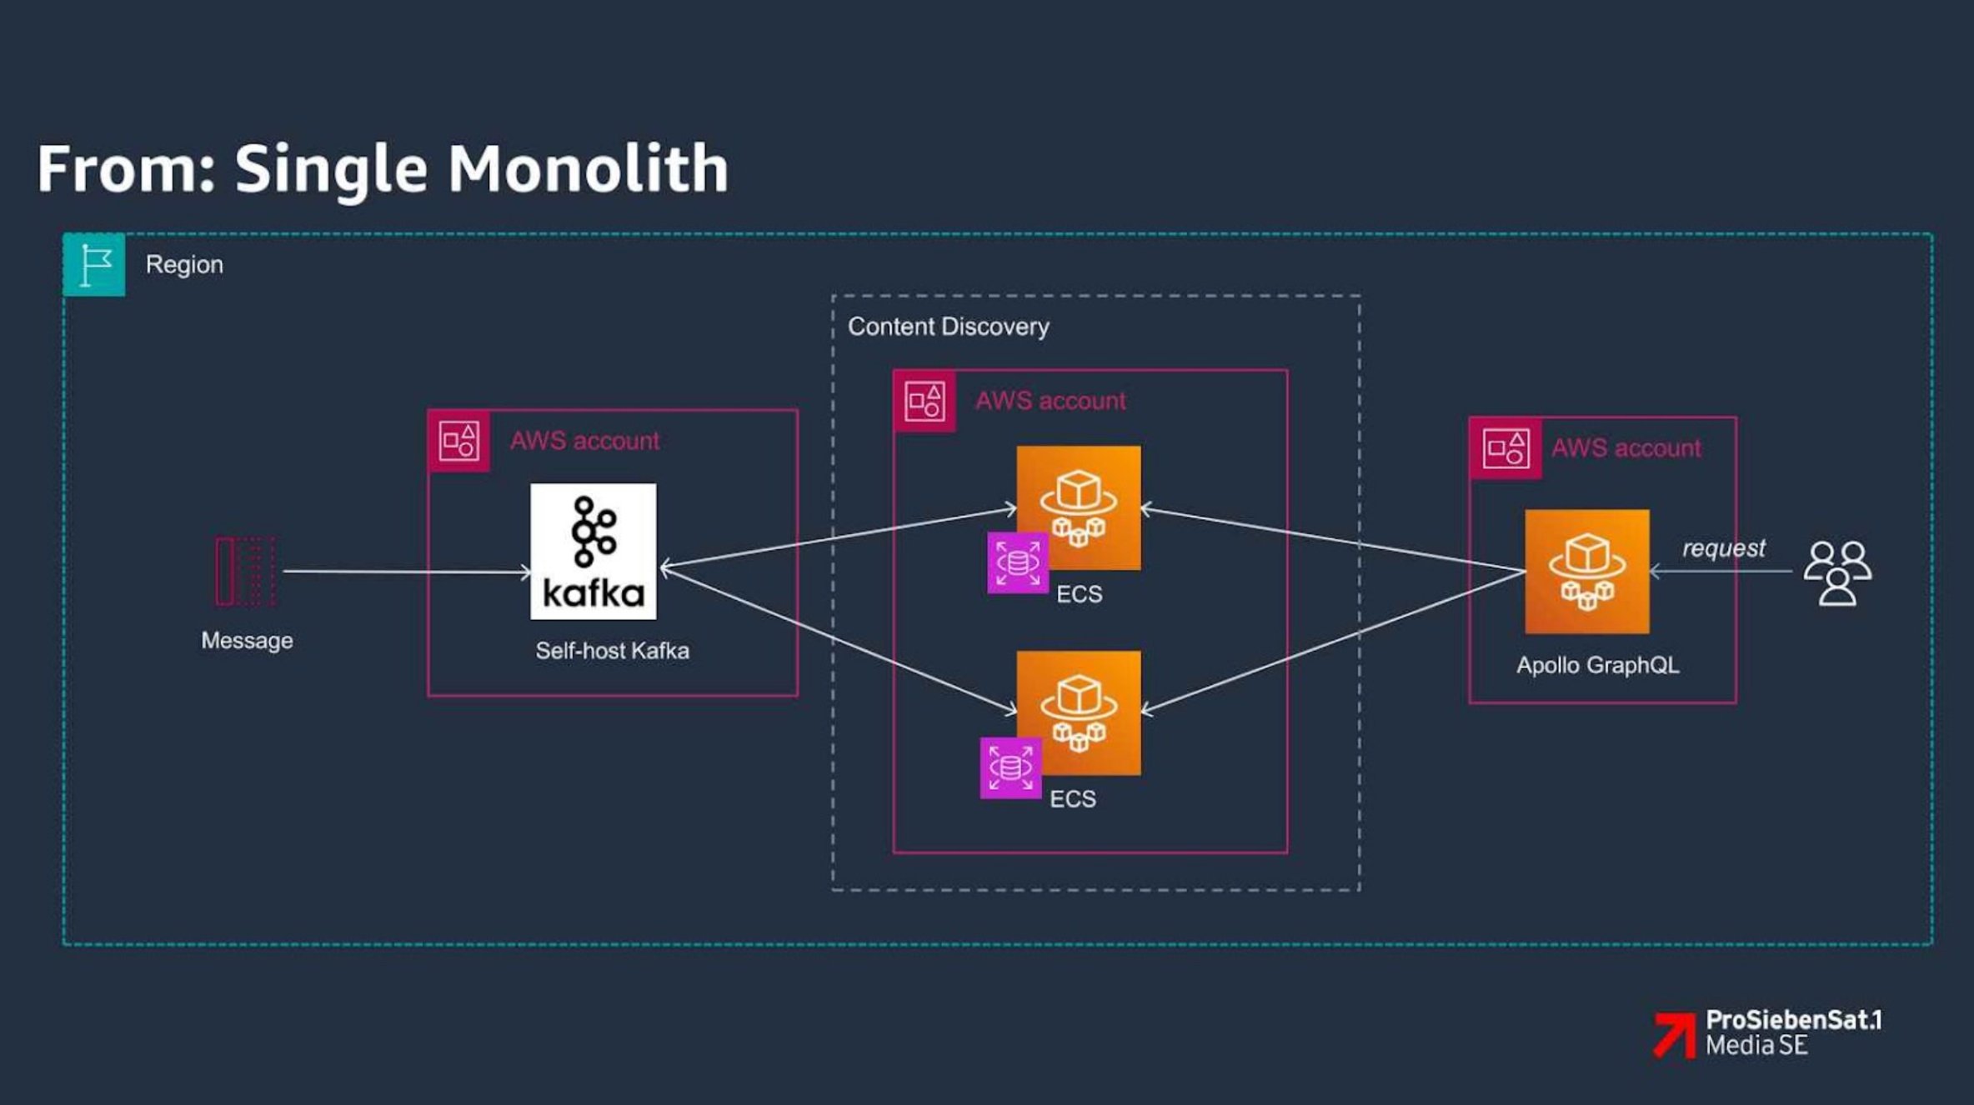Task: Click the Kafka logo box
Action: pyautogui.click(x=593, y=551)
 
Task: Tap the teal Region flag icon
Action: pyautogui.click(x=94, y=265)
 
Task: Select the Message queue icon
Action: pyautogui.click(x=245, y=571)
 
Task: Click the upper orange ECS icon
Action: pyautogui.click(x=1079, y=507)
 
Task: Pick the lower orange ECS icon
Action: pyautogui.click(x=1079, y=712)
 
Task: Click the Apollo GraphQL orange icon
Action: pyautogui.click(x=1586, y=572)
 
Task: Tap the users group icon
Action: pyautogui.click(x=1837, y=573)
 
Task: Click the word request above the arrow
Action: pyautogui.click(x=1723, y=548)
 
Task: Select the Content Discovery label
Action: pyautogui.click(x=948, y=327)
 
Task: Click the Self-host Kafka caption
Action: pyautogui.click(x=612, y=651)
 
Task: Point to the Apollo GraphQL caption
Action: pyautogui.click(x=1597, y=665)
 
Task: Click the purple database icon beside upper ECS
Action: pyautogui.click(x=1017, y=563)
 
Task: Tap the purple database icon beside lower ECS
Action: pyautogui.click(x=1010, y=767)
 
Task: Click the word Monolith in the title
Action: pyautogui.click(x=588, y=169)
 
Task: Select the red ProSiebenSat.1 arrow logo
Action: pyautogui.click(x=1675, y=1035)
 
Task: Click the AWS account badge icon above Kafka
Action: pyautogui.click(x=458, y=441)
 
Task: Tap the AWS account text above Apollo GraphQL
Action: pyautogui.click(x=1626, y=448)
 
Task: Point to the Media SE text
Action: pyautogui.click(x=1756, y=1046)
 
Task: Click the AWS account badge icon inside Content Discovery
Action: pyautogui.click(x=924, y=402)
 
